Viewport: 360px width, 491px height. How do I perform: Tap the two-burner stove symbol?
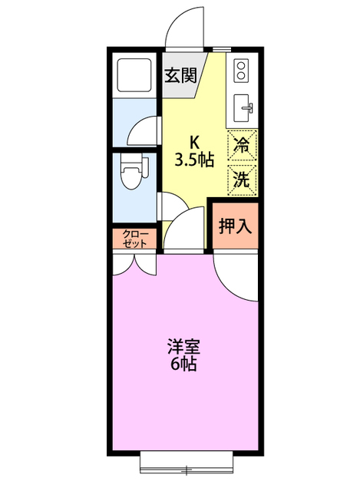(241, 71)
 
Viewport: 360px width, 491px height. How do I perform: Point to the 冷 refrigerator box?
(241, 145)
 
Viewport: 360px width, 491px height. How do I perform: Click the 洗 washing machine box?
(241, 180)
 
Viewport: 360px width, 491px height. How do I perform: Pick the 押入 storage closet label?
(234, 226)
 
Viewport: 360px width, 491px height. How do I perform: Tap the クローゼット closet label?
(134, 238)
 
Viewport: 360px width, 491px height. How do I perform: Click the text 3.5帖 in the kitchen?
(193, 160)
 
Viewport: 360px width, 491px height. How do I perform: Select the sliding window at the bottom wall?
(185, 466)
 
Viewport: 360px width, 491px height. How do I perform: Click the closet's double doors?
(134, 262)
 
